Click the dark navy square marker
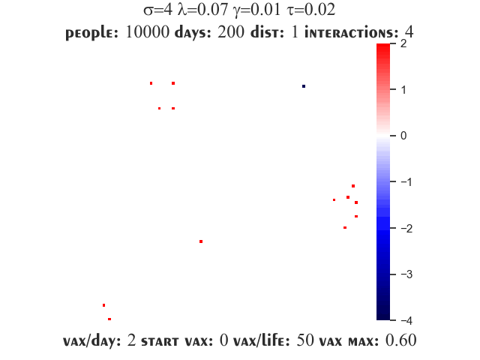304,86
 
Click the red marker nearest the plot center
201,241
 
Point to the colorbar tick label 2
403,43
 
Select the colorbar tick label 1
403,90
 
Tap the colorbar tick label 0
403,136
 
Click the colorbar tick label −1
406,181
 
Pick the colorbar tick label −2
406,228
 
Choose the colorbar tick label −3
406,274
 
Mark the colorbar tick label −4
406,320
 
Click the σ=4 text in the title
158,10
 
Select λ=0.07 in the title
202,10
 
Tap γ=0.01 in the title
256,10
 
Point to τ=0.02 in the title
311,10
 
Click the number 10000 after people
147,31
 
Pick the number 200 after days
231,31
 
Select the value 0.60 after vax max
400,340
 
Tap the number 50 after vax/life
305,340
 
